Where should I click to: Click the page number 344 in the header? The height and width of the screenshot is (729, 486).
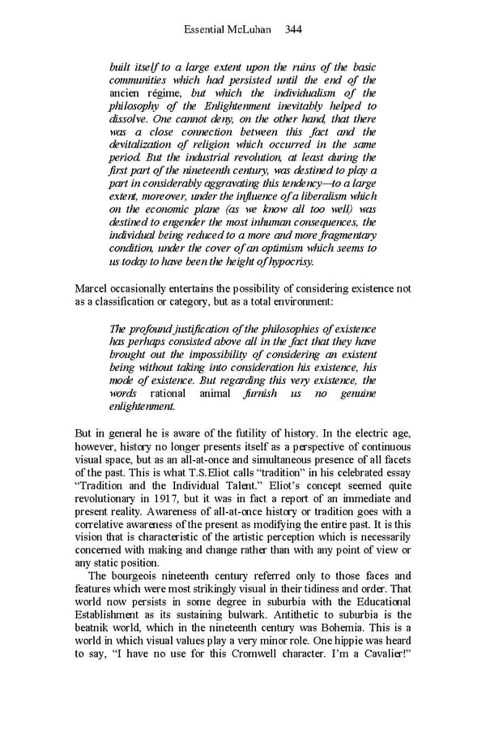tap(293, 29)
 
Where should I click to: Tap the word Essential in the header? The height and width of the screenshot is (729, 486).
tap(205, 29)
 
